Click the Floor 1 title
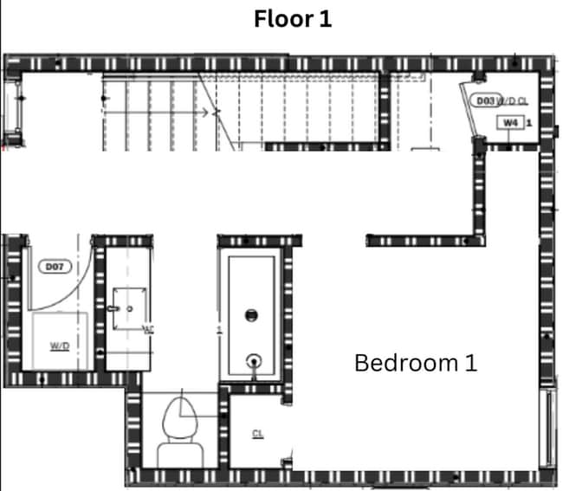point(293,19)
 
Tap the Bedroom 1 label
point(416,363)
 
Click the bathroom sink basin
point(126,307)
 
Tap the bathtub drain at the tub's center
point(253,316)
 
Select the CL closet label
point(257,434)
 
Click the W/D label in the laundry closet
point(59,346)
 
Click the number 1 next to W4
point(528,123)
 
